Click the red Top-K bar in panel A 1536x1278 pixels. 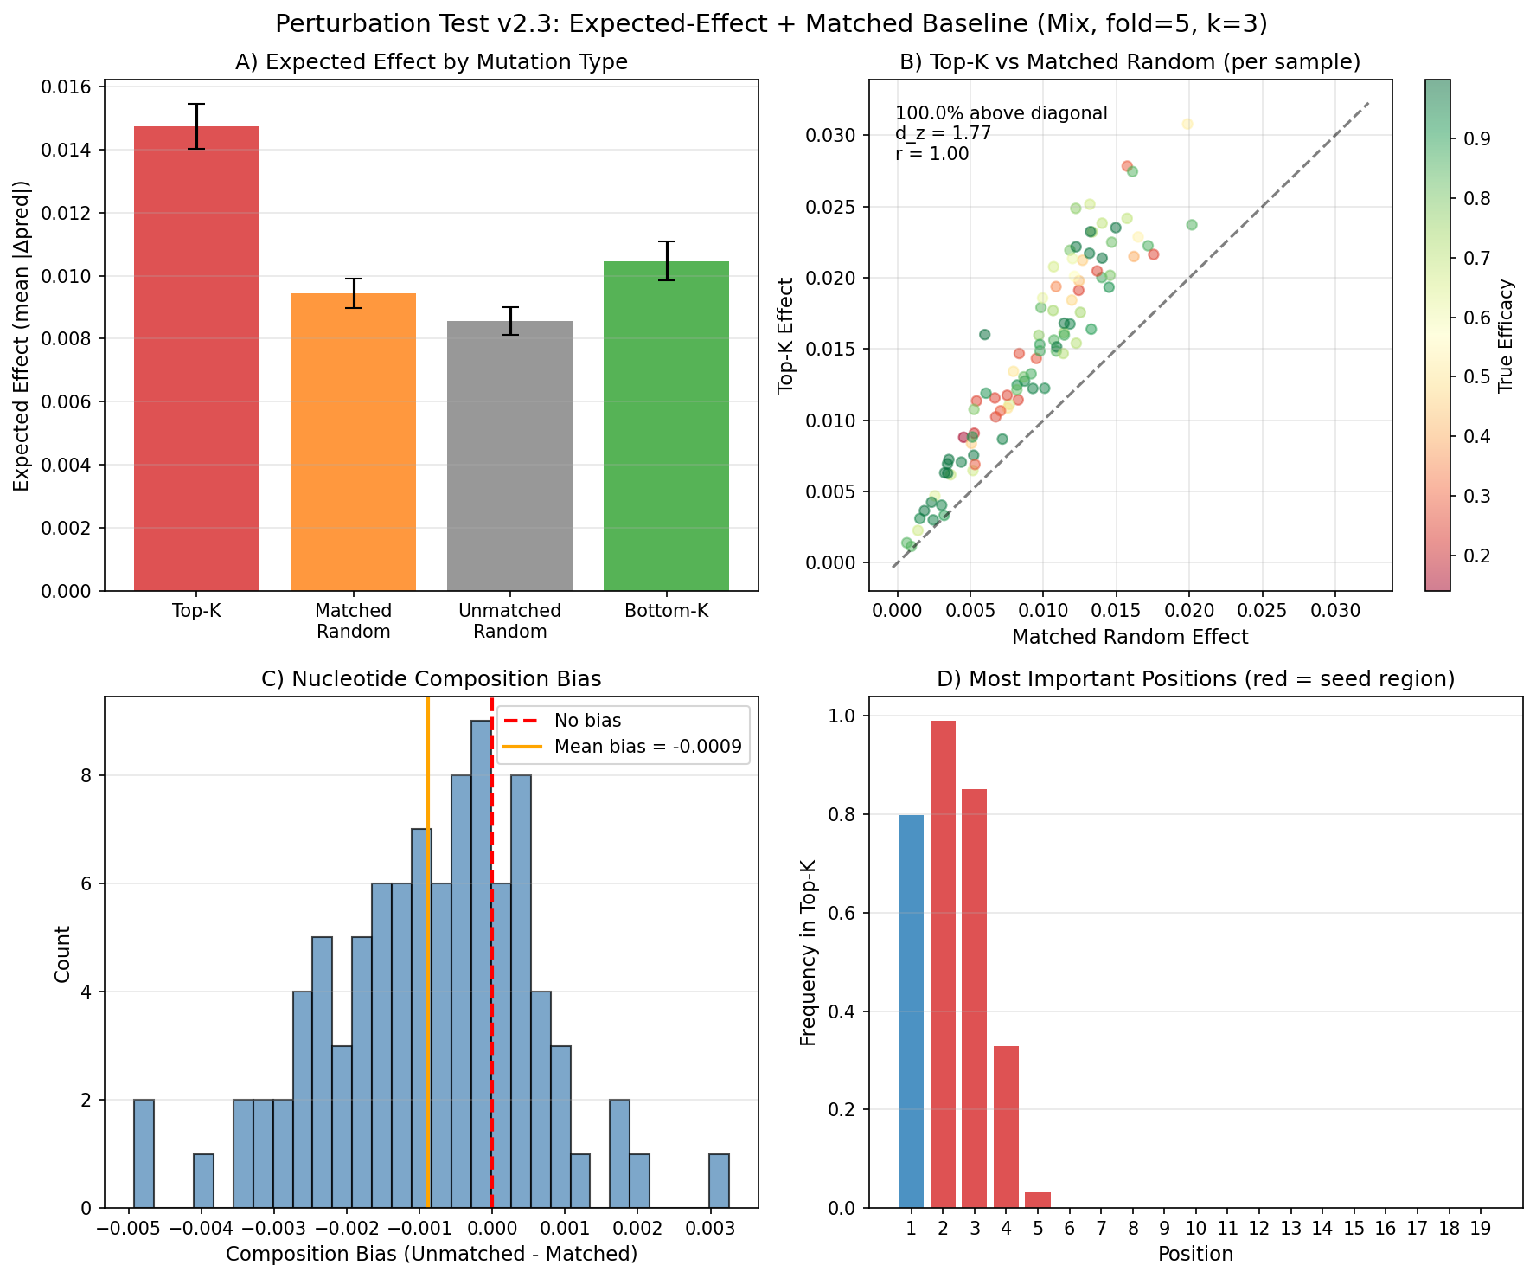(196, 358)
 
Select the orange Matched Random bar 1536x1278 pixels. (353, 441)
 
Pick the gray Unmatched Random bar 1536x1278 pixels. (509, 455)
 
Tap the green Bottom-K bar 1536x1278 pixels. (666, 426)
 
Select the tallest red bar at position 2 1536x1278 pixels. (943, 964)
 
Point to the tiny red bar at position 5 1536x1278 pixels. (1038, 1200)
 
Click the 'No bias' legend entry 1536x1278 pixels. (587, 721)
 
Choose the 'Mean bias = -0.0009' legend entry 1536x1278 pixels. (648, 747)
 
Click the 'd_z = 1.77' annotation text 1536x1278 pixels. (943, 133)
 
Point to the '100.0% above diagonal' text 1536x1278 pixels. (1001, 113)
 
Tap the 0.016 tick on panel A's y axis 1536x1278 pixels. (74, 87)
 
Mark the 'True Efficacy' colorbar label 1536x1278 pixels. (1506, 336)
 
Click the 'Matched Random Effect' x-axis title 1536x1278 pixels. (1130, 638)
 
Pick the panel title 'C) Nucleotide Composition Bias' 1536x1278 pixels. (431, 679)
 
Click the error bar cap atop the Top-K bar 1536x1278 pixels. (196, 105)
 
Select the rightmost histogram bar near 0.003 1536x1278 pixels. (719, 1180)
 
